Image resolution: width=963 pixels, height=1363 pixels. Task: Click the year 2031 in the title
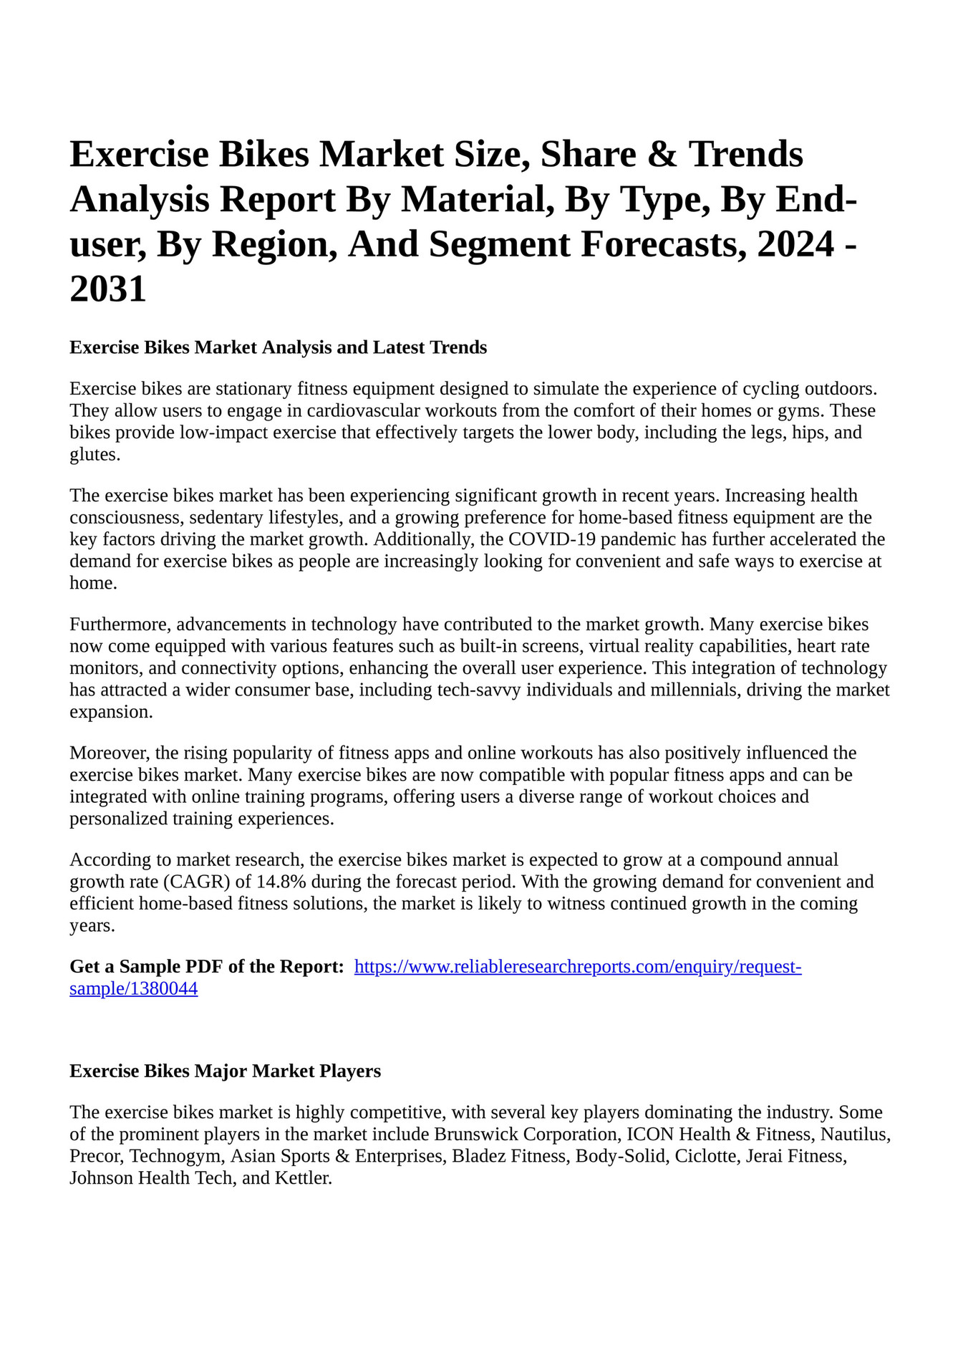[108, 289]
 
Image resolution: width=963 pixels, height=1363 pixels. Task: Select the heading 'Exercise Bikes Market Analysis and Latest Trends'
[278, 348]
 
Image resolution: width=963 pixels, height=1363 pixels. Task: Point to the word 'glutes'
[93, 455]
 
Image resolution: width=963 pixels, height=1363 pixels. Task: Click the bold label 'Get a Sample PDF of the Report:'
[207, 967]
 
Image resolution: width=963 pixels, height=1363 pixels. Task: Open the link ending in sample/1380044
[133, 989]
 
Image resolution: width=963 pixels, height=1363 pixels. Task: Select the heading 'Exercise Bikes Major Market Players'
[225, 1071]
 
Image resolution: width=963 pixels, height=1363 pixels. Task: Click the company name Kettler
[303, 1178]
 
